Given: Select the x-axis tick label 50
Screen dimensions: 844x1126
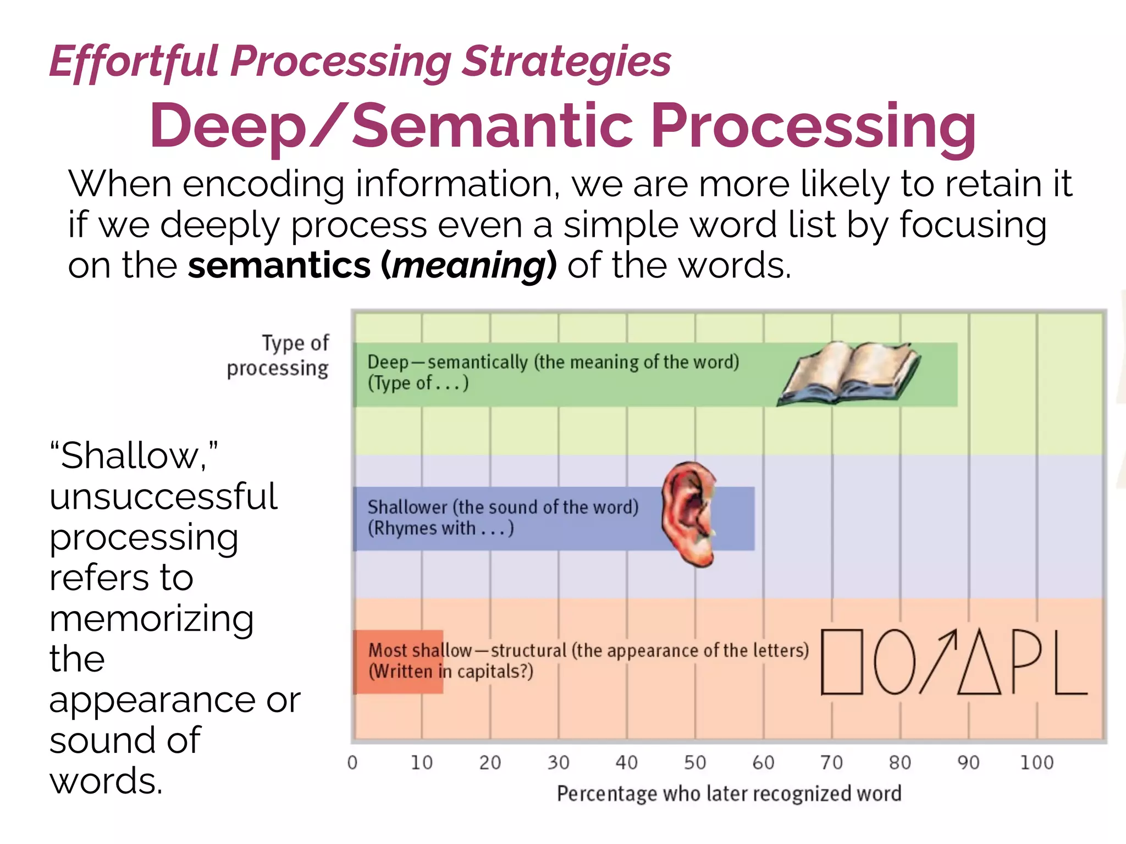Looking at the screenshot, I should pos(695,763).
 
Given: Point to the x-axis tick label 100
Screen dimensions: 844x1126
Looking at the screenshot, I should pos(1036,763).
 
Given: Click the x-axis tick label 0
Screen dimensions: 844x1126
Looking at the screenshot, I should pos(352,763).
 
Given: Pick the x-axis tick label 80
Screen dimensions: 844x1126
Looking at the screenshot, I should pos(900,763).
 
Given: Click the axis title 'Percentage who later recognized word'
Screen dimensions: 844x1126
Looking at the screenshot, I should pos(729,793).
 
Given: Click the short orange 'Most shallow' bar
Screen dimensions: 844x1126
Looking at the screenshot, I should pos(398,662).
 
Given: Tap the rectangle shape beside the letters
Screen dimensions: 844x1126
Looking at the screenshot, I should pos(841,662).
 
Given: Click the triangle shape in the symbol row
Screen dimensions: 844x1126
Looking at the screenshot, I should pos(979,665).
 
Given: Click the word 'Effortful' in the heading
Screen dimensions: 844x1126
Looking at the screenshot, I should pos(135,62).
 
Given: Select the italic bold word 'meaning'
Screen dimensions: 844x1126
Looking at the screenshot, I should pos(468,266).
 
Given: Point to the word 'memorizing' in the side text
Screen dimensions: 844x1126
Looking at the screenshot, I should pos(152,619).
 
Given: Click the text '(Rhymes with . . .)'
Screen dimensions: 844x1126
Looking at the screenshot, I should pos(440,529).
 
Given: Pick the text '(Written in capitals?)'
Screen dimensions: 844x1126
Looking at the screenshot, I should pos(451,671).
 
